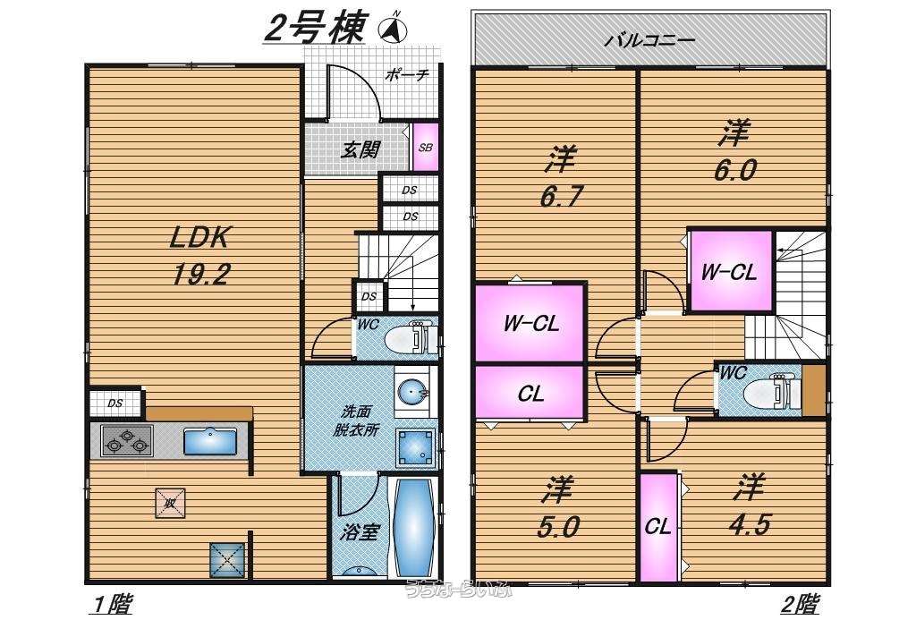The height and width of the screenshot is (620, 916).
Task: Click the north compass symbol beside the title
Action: [393, 30]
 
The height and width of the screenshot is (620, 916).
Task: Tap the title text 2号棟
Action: [315, 29]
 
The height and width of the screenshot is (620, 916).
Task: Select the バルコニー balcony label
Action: [649, 40]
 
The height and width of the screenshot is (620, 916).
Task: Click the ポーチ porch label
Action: [408, 75]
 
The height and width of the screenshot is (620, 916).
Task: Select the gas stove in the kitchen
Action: [127, 441]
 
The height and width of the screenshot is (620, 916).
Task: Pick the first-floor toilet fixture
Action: [411, 339]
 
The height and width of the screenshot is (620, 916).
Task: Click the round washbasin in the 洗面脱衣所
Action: [411, 391]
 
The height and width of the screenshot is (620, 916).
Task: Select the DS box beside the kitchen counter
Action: [115, 403]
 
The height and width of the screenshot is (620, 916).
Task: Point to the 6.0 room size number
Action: [734, 170]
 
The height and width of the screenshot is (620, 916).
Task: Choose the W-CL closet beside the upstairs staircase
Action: [729, 271]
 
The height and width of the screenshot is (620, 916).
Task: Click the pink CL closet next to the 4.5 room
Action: [658, 526]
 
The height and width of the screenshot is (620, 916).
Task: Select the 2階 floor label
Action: [800, 606]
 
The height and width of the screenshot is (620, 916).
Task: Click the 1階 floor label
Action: [111, 606]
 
